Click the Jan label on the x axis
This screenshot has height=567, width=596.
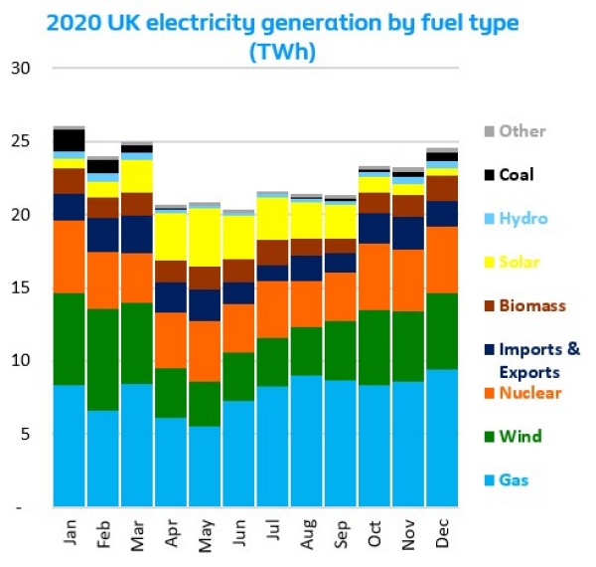[x=69, y=532]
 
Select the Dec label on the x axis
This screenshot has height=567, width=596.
[x=441, y=532]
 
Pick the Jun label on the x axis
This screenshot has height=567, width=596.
[x=237, y=532]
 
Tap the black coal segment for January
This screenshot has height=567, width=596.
[x=69, y=140]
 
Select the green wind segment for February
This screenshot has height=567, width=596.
[x=102, y=359]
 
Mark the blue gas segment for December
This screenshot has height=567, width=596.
[x=441, y=438]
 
